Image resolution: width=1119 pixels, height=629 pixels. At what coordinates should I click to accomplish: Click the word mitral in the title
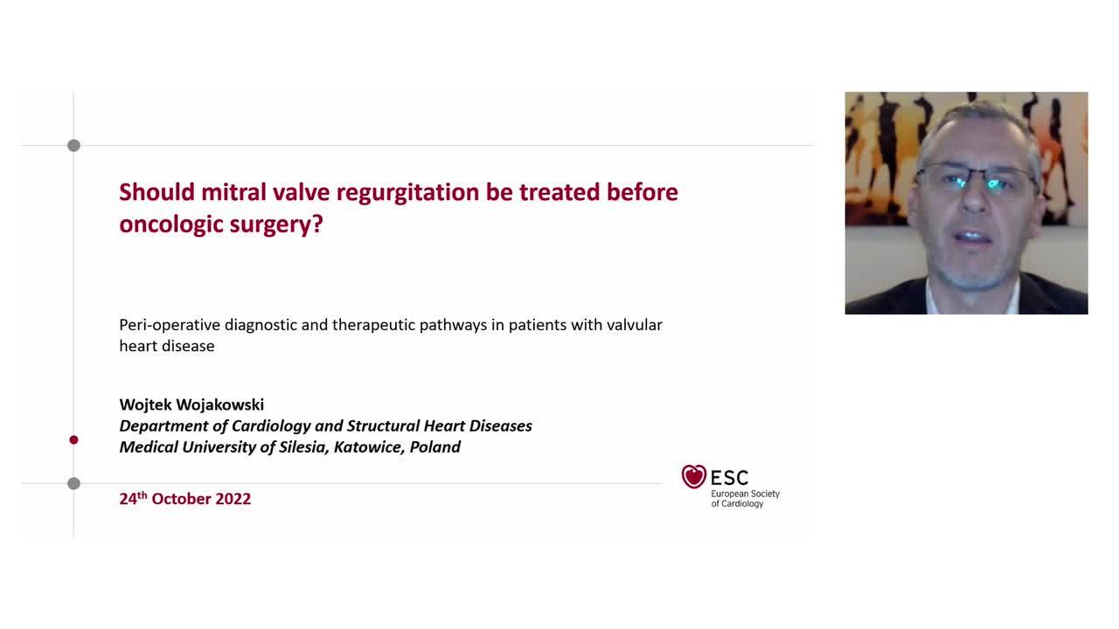[233, 192]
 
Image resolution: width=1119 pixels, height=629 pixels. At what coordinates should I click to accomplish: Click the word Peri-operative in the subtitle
[170, 325]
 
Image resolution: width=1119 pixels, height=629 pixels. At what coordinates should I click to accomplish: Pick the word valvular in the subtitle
[631, 325]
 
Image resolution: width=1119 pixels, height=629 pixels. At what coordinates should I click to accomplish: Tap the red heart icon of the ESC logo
[694, 476]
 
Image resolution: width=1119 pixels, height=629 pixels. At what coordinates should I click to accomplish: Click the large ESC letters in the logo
[729, 478]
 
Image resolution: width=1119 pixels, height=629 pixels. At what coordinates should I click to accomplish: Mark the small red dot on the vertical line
[73, 440]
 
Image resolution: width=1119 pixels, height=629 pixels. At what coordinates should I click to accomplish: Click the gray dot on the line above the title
[73, 146]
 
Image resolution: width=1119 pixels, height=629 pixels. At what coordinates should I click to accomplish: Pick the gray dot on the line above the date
[73, 484]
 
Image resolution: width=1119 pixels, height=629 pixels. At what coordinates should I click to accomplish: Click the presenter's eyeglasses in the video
[976, 182]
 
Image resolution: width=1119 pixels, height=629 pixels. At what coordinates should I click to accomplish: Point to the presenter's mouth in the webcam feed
[972, 237]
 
